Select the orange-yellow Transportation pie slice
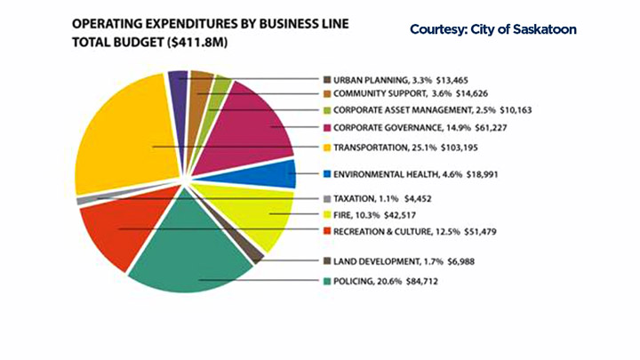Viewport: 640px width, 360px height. tap(124, 133)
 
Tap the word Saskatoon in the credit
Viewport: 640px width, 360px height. tap(545, 29)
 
